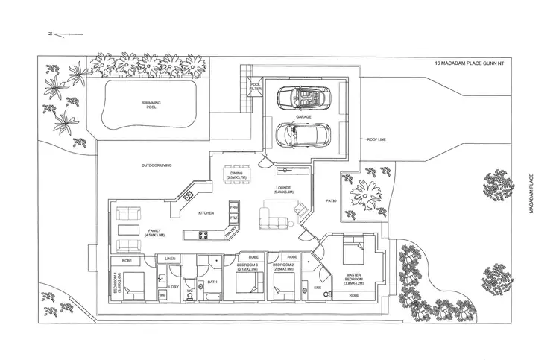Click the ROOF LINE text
pyautogui.click(x=376, y=139)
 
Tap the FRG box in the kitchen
pyautogui.click(x=233, y=206)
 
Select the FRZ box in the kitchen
pyautogui.click(x=233, y=218)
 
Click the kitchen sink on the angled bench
pyautogui.click(x=189, y=196)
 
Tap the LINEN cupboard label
pyautogui.click(x=169, y=259)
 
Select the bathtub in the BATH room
pyautogui.click(x=210, y=297)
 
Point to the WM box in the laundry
pyautogui.click(x=162, y=295)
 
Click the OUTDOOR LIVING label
pyautogui.click(x=157, y=165)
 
